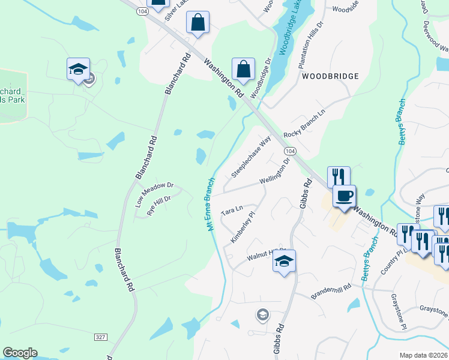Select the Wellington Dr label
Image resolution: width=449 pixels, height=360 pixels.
pyautogui.click(x=276, y=172)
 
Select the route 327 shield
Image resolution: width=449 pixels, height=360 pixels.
pyautogui.click(x=100, y=337)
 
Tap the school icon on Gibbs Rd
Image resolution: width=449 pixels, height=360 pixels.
pyautogui.click(x=285, y=261)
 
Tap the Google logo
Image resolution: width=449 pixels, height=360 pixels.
pyautogui.click(x=20, y=353)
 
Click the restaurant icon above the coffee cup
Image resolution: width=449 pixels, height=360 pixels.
pyautogui.click(x=338, y=176)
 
